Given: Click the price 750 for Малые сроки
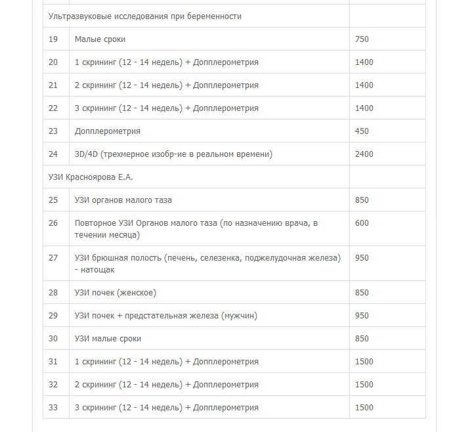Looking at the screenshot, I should (x=362, y=39).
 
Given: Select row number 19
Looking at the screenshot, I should (x=53, y=39).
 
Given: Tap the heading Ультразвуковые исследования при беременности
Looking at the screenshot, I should (x=144, y=16).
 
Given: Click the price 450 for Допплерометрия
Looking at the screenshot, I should (x=362, y=131).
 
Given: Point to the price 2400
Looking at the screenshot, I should (x=364, y=154).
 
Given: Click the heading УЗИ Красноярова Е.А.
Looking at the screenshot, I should (x=91, y=177).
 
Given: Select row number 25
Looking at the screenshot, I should (x=53, y=200).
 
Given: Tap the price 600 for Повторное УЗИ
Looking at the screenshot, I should (x=362, y=223).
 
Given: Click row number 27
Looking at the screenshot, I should (x=53, y=258).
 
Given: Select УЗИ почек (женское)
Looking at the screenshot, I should (x=116, y=293).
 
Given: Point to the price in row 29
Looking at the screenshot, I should (x=362, y=316).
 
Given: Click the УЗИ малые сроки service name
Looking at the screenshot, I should (x=108, y=339).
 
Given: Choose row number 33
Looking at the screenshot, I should (x=53, y=408).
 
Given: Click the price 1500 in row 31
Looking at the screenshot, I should (x=364, y=362).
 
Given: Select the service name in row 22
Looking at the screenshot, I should (x=167, y=108).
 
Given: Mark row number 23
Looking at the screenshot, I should (x=53, y=131).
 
